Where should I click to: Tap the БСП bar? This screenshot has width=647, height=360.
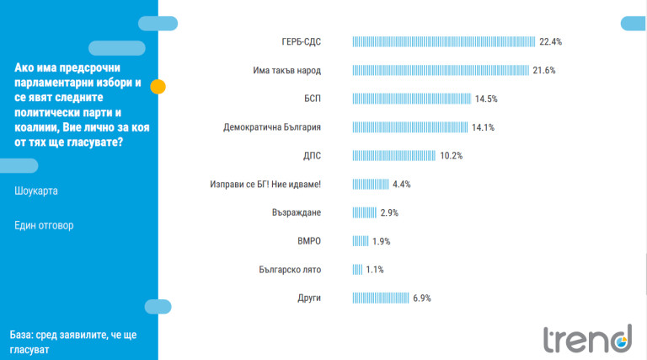[x=411, y=99]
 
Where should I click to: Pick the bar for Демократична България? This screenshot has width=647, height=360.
[x=409, y=127]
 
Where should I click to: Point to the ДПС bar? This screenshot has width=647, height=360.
[x=393, y=156]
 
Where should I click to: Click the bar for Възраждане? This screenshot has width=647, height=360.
[x=364, y=212]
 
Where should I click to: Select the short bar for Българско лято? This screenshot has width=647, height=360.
[x=356, y=270]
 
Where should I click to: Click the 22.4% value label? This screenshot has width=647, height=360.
[x=551, y=41]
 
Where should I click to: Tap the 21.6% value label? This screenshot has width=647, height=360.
[x=544, y=70]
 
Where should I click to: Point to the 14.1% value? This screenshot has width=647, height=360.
[x=483, y=127]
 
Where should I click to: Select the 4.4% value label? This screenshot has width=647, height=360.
[x=401, y=184]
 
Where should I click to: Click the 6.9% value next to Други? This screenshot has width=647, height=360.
[x=422, y=298]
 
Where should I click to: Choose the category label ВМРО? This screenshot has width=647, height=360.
[x=309, y=241]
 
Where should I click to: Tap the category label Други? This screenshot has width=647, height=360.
[x=309, y=298]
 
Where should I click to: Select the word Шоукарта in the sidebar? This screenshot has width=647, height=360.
[x=36, y=191]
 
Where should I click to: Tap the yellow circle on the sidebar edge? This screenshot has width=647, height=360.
[x=158, y=86]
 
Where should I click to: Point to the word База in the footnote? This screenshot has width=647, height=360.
[x=24, y=335]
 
